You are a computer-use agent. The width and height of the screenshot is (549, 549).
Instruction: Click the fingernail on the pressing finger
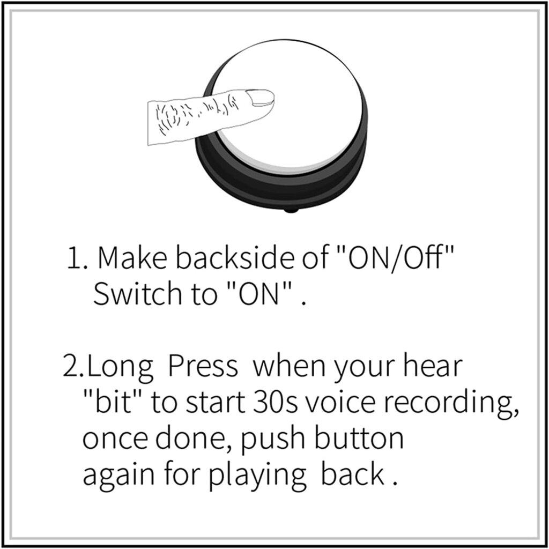[x=260, y=97]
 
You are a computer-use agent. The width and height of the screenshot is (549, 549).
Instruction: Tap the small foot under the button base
[x=290, y=210]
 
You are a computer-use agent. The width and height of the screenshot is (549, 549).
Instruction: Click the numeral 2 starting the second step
[x=72, y=366]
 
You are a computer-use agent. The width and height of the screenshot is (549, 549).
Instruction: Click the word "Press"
[x=203, y=366]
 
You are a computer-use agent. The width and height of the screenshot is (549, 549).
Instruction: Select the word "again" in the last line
[x=118, y=477]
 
